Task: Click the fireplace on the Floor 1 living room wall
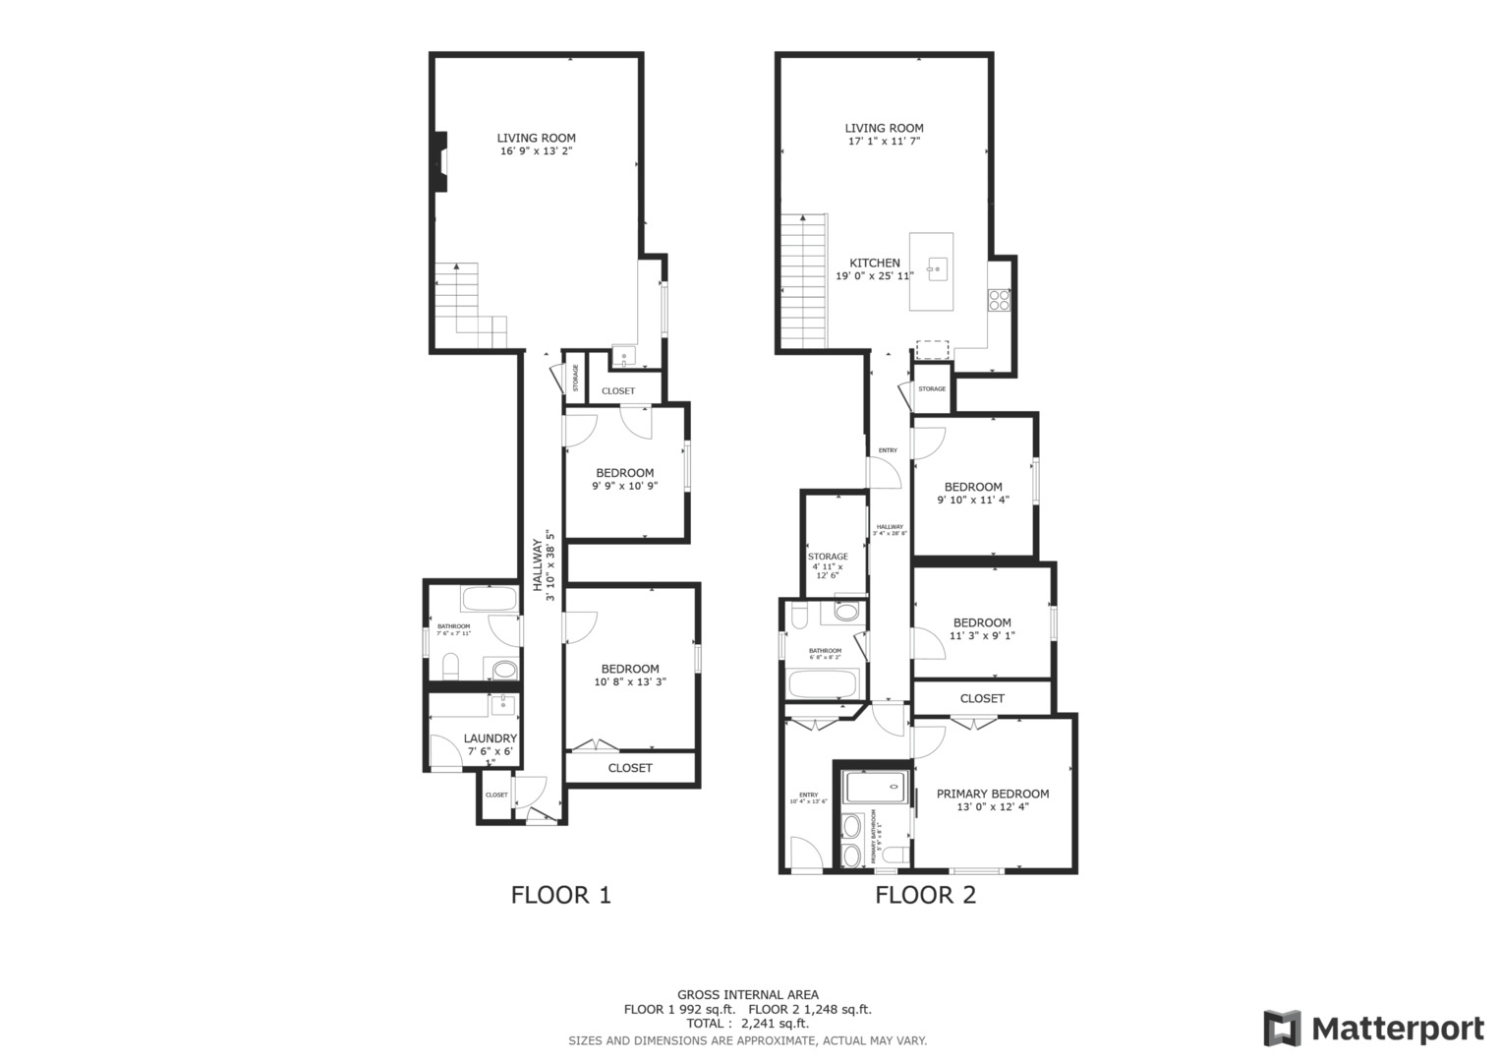click(x=441, y=161)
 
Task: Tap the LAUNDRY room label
click(x=490, y=738)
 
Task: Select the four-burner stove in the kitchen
click(x=999, y=299)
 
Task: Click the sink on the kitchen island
click(x=936, y=266)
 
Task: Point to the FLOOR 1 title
click(x=560, y=895)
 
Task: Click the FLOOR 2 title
click(x=925, y=895)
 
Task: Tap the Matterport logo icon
click(x=1282, y=1029)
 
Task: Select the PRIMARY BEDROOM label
click(x=992, y=794)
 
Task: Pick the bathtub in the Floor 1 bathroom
click(x=488, y=599)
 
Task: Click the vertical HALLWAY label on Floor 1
click(x=539, y=564)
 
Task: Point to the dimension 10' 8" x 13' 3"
click(x=630, y=681)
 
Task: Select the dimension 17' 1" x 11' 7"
click(x=884, y=141)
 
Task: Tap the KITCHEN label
click(x=874, y=263)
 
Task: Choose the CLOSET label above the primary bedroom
click(x=982, y=698)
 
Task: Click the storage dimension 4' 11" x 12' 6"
click(x=828, y=570)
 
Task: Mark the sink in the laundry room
click(x=503, y=703)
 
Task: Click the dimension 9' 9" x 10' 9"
click(x=624, y=486)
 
